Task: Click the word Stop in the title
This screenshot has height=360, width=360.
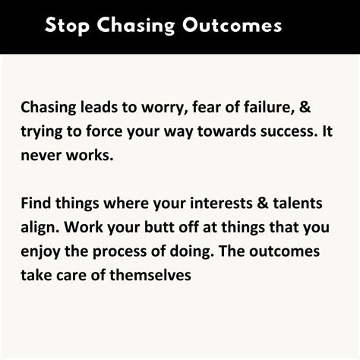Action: (x=65, y=26)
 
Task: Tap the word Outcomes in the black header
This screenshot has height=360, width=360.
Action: (x=232, y=26)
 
